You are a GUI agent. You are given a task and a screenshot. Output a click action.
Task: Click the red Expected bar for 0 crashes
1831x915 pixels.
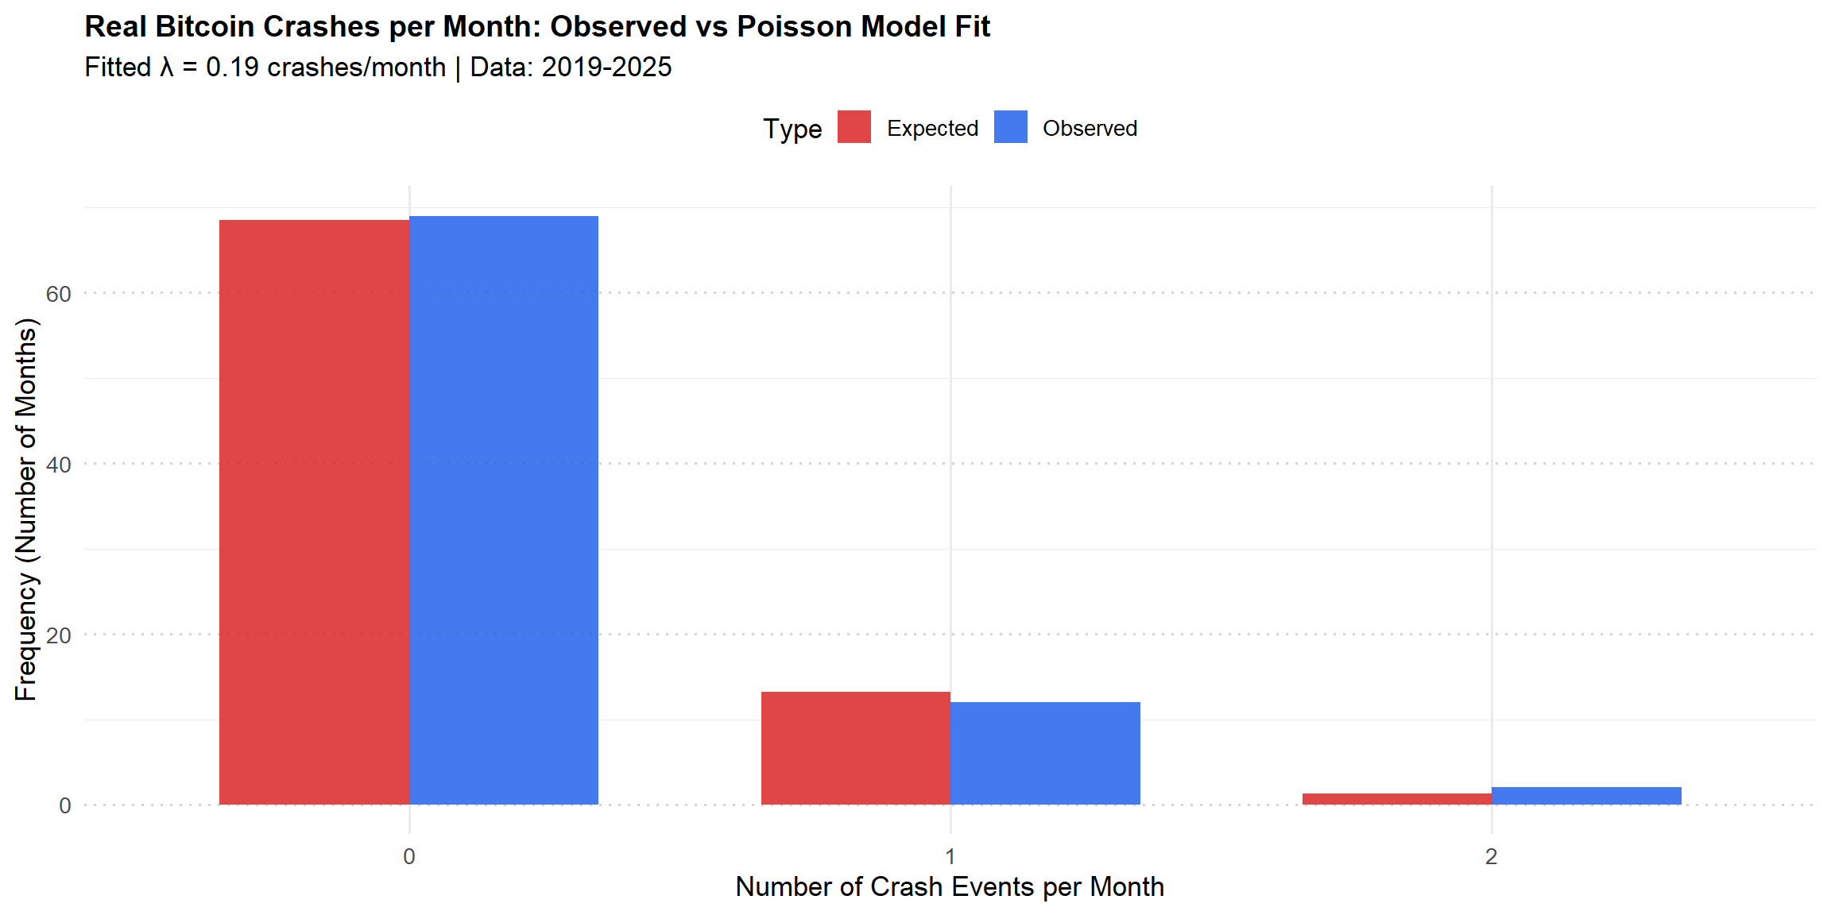pyautogui.click(x=314, y=512)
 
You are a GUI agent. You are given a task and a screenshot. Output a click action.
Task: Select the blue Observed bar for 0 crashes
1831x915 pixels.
pyautogui.click(x=504, y=510)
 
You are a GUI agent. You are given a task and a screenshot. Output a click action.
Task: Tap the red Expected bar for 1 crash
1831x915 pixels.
pyautogui.click(x=856, y=748)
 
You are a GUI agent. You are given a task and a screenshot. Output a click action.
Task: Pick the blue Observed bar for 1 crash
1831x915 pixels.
pyautogui.click(x=1045, y=753)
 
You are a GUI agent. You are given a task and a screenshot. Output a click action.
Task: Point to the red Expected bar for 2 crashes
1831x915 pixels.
pyautogui.click(x=1396, y=799)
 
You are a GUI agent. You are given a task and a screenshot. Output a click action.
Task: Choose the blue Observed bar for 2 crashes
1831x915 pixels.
pyautogui.click(x=1586, y=796)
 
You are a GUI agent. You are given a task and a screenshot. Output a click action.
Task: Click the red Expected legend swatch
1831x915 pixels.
pyautogui.click(x=854, y=127)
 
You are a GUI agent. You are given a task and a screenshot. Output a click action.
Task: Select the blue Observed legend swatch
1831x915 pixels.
pyautogui.click(x=1010, y=127)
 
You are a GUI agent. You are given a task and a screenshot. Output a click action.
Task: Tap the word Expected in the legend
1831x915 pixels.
pyautogui.click(x=932, y=129)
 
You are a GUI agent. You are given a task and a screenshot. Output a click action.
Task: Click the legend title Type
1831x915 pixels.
pyautogui.click(x=792, y=129)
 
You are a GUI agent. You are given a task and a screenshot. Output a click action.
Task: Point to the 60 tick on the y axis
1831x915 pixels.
pyautogui.click(x=59, y=295)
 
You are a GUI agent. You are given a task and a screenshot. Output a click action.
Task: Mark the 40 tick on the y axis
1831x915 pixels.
pyautogui.click(x=59, y=465)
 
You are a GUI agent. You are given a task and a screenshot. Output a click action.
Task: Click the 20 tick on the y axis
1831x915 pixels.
pyautogui.click(x=59, y=635)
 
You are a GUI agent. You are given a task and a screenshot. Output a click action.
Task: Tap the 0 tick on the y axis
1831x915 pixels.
pyautogui.click(x=65, y=806)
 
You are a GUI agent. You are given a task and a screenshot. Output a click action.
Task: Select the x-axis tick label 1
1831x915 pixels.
pyautogui.click(x=950, y=857)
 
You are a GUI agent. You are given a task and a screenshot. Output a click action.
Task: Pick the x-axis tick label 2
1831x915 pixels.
pyautogui.click(x=1492, y=857)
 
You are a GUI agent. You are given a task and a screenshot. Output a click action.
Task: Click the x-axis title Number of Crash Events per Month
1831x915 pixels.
pyautogui.click(x=950, y=887)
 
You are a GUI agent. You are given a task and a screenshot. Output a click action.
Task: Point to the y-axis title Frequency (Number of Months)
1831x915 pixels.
pyautogui.click(x=26, y=509)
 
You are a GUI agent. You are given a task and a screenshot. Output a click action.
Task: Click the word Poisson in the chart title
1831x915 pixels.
pyautogui.click(x=795, y=27)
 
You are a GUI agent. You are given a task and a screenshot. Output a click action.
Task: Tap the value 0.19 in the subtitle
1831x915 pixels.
pyautogui.click(x=232, y=68)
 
